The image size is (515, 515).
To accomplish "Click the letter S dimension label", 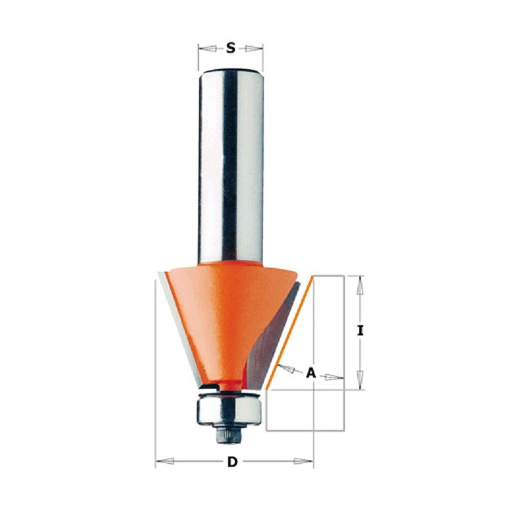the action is coord(231,49).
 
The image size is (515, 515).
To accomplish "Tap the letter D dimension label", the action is coord(232,462).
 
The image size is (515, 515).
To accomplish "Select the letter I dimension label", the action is coord(360,331).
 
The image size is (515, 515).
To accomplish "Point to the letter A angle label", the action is coord(311,373).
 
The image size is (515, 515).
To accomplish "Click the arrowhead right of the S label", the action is coord(254,49).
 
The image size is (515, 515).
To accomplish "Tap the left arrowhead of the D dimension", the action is coord(165,462).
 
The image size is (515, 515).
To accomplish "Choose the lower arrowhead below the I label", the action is coord(360,380).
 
